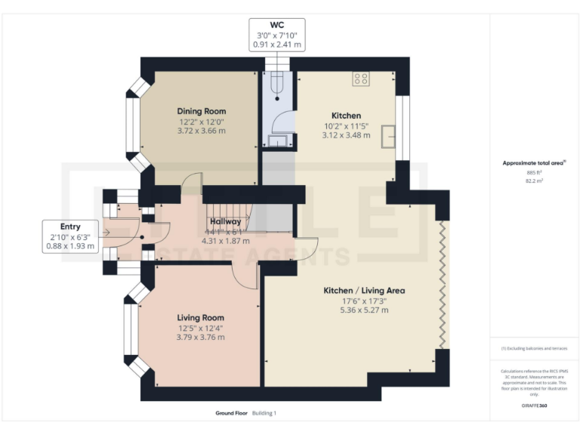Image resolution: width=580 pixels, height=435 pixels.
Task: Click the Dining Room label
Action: (202, 110)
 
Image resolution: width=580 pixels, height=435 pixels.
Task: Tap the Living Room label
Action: (201, 318)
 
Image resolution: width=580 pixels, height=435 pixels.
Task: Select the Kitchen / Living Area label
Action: (364, 290)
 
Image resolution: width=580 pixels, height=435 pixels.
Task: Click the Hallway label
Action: (226, 221)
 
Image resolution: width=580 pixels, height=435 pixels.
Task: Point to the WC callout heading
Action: (277, 24)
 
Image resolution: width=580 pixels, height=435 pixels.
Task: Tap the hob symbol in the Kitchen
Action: (360, 78)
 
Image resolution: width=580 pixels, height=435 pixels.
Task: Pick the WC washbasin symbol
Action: (277, 140)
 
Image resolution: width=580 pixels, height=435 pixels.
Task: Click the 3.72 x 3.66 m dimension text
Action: (202, 131)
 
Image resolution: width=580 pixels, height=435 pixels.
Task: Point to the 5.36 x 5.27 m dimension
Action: (364, 310)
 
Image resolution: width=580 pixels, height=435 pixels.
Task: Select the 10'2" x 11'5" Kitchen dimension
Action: (346, 125)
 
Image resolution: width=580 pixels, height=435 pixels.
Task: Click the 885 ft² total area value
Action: (535, 173)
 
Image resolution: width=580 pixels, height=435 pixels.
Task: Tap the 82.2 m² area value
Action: (535, 181)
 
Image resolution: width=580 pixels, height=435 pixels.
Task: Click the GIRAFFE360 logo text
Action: (535, 406)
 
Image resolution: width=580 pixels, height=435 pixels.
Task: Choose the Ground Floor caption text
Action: (230, 413)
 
